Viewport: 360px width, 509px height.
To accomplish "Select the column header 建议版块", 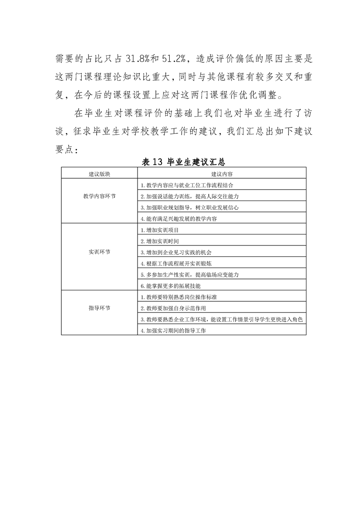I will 99,174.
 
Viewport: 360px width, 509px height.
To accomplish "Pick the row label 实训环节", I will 99,252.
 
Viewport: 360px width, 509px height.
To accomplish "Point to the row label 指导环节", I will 99,308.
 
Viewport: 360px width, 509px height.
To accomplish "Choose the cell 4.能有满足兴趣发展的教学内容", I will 178,219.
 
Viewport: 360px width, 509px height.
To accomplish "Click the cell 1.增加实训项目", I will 159,230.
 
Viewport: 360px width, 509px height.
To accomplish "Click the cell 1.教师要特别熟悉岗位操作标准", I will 178,297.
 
